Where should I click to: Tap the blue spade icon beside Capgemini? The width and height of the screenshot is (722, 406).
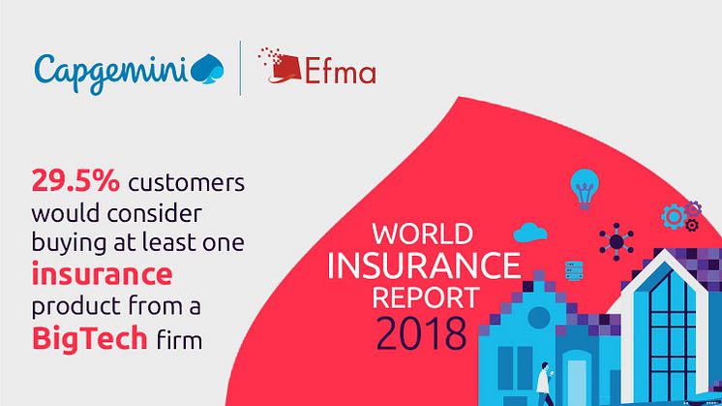pyautogui.click(x=207, y=70)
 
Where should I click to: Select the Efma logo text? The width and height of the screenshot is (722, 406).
pyautogui.click(x=341, y=70)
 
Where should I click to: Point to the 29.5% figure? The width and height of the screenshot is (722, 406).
pyautogui.click(x=75, y=181)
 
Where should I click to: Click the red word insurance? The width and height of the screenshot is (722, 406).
pyautogui.click(x=102, y=274)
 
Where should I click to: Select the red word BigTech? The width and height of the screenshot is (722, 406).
pyautogui.click(x=89, y=339)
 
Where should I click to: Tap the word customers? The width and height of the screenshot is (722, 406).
pyautogui.click(x=187, y=183)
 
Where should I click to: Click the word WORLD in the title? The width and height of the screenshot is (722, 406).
pyautogui.click(x=422, y=234)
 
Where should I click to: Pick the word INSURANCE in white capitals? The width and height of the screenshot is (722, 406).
pyautogui.click(x=424, y=265)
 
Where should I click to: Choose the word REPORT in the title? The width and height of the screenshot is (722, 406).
pyautogui.click(x=426, y=297)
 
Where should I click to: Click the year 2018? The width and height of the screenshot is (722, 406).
pyautogui.click(x=421, y=333)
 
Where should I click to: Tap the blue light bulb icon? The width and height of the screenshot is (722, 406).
pyautogui.click(x=585, y=189)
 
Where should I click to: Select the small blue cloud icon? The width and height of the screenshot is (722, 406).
pyautogui.click(x=530, y=233)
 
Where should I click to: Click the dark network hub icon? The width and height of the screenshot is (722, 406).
pyautogui.click(x=617, y=241)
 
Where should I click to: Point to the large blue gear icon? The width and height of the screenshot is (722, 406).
pyautogui.click(x=674, y=217)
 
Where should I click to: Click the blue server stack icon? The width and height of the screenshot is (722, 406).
pyautogui.click(x=574, y=270)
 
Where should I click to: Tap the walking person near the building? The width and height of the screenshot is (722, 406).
pyautogui.click(x=545, y=384)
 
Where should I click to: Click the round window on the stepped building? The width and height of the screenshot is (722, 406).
pyautogui.click(x=539, y=317)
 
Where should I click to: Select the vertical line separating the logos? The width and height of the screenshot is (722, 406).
pyautogui.click(x=240, y=68)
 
